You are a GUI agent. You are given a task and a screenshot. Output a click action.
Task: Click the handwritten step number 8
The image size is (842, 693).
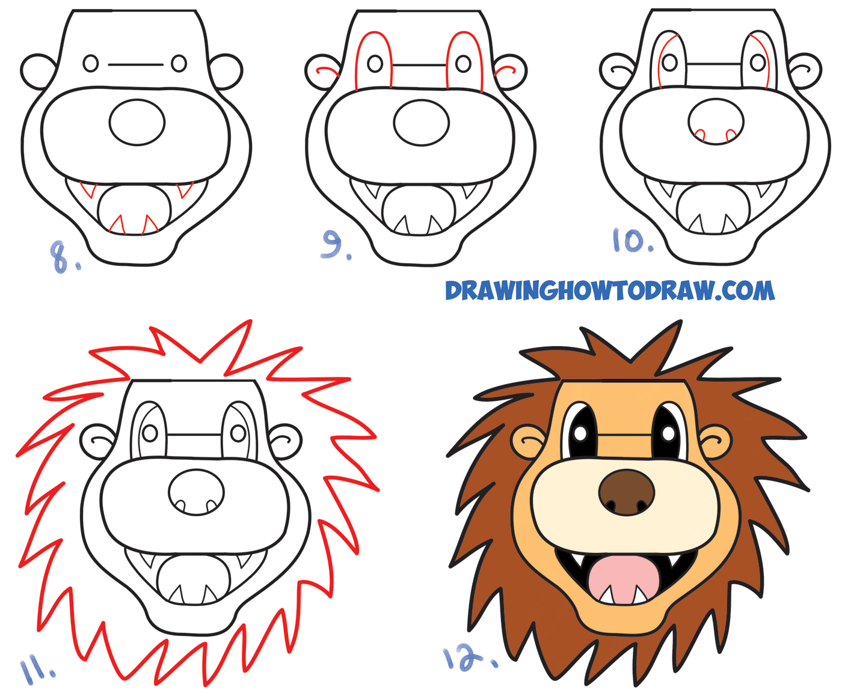tap(63, 256)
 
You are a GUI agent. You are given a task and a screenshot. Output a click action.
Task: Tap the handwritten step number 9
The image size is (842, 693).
tap(336, 245)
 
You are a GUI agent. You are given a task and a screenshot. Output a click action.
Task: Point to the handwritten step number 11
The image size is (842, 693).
tap(37, 670)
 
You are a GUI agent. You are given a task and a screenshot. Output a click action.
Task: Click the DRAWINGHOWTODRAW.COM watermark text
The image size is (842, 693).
tap(609, 291)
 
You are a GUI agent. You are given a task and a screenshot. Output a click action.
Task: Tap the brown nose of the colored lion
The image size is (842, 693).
tap(626, 492)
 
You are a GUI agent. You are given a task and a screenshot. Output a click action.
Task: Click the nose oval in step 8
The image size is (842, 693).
tap(137, 123)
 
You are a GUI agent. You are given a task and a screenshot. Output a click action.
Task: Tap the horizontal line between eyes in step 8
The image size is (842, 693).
tap(136, 64)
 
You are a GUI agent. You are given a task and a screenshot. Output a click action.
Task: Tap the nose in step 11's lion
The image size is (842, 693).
tap(196, 492)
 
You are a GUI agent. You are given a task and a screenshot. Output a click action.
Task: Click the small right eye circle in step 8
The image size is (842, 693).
tap(179, 63)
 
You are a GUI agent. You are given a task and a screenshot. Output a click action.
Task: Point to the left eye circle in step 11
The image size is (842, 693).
tap(150, 432)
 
